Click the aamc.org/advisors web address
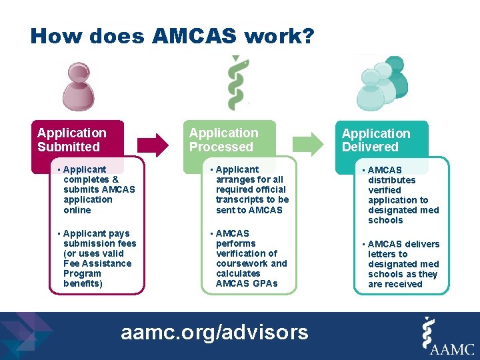coord(214,331)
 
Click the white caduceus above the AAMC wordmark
coord(431,330)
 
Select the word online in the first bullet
coord(77,209)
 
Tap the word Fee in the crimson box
coord(71,263)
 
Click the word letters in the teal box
coord(383,254)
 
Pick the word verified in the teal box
coord(385,190)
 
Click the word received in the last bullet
coord(404,284)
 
